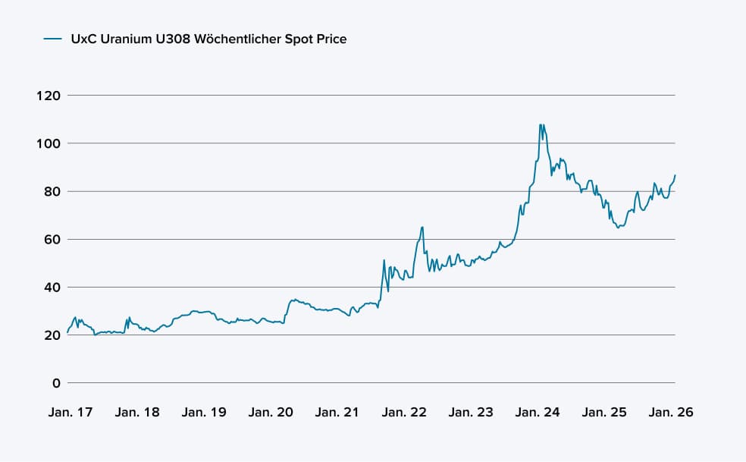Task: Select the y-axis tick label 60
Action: tap(52, 239)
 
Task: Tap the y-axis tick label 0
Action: tap(55, 383)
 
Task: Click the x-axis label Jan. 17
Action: tap(71, 413)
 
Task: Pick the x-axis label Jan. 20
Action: tap(271, 413)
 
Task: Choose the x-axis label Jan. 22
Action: tap(404, 413)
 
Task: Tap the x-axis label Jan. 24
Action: tap(538, 413)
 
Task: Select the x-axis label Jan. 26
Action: tap(670, 413)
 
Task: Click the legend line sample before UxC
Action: tap(52, 39)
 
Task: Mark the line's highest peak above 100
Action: tap(540, 124)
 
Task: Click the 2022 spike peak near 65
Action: tap(422, 227)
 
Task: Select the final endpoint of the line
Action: tap(675, 175)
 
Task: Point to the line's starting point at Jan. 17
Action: tap(67, 332)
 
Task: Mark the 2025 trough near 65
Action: tap(619, 227)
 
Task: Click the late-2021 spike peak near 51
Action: tap(384, 260)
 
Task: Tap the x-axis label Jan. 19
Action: tap(204, 413)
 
